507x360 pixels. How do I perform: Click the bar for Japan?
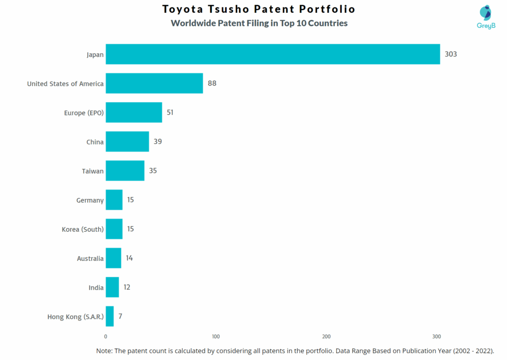point(272,54)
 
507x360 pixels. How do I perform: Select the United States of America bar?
point(154,83)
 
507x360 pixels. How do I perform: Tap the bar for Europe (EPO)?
point(134,112)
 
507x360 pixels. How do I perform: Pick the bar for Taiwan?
point(125,171)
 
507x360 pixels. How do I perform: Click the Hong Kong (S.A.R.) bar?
point(109,316)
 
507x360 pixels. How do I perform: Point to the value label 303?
point(451,54)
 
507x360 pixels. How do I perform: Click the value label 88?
point(212,83)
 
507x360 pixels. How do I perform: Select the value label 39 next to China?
point(157,142)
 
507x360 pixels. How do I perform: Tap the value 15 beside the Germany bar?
point(130,200)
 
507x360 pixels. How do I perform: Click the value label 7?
point(120,316)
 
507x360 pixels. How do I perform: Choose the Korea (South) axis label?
point(83,229)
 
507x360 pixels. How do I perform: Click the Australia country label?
point(90,258)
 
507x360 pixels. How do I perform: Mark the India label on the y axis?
point(96,288)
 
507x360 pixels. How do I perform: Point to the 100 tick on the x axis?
point(216,336)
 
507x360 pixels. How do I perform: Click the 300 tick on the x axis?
point(436,336)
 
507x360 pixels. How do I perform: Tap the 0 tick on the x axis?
point(106,336)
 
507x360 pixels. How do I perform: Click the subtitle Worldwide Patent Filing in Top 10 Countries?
point(259,23)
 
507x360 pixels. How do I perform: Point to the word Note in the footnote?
point(104,351)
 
